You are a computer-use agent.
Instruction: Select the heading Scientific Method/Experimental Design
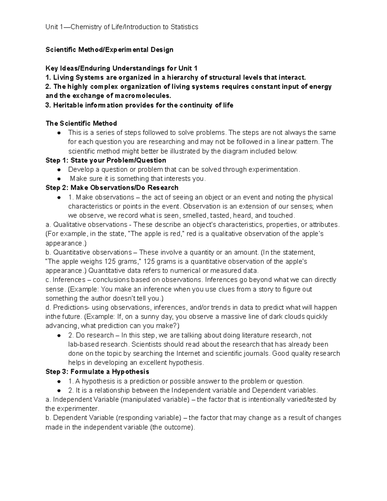point(109,50)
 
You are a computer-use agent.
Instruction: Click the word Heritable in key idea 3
point(68,105)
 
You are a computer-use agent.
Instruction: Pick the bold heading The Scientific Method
point(81,124)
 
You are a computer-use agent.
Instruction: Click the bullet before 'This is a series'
point(59,133)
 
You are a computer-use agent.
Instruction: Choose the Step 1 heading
point(106,160)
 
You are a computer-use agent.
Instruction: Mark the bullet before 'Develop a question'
point(59,170)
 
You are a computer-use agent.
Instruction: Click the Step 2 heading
point(112,188)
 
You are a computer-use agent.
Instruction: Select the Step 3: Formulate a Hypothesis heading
point(97,372)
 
